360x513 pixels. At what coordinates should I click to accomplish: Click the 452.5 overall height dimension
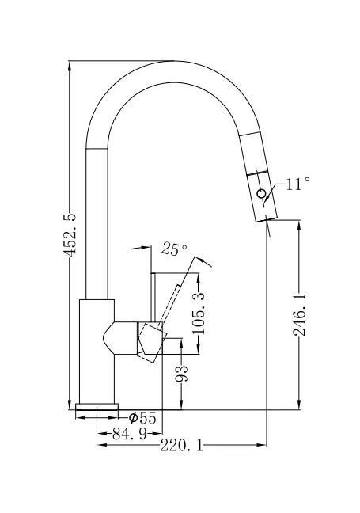coord(70,234)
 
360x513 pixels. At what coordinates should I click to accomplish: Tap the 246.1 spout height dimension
coord(300,314)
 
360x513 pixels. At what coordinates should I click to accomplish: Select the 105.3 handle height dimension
coord(199,313)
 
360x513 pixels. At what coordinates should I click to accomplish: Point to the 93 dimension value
coord(181,374)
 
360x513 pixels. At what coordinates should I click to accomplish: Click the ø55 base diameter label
coord(142,418)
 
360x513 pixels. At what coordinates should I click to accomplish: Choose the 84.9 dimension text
coord(130,434)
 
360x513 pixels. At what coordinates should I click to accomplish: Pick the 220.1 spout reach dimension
coord(181,445)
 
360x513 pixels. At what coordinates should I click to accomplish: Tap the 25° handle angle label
coord(175,249)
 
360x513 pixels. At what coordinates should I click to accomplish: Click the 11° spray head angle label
coord(297,184)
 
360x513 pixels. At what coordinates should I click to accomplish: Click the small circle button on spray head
coord(261,194)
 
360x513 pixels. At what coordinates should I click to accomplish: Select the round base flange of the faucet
coord(97,407)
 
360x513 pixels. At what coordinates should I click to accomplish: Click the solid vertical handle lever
coord(153,297)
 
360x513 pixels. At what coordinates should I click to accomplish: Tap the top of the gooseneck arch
coord(172,61)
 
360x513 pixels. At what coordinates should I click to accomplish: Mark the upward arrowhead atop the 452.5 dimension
coord(70,66)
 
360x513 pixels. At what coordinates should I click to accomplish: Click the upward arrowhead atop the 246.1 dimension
coord(299,225)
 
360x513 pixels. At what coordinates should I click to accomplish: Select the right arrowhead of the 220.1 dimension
coord(262,445)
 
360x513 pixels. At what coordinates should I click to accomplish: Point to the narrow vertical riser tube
coord(97,224)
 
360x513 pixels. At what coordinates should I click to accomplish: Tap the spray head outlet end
coord(267,218)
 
